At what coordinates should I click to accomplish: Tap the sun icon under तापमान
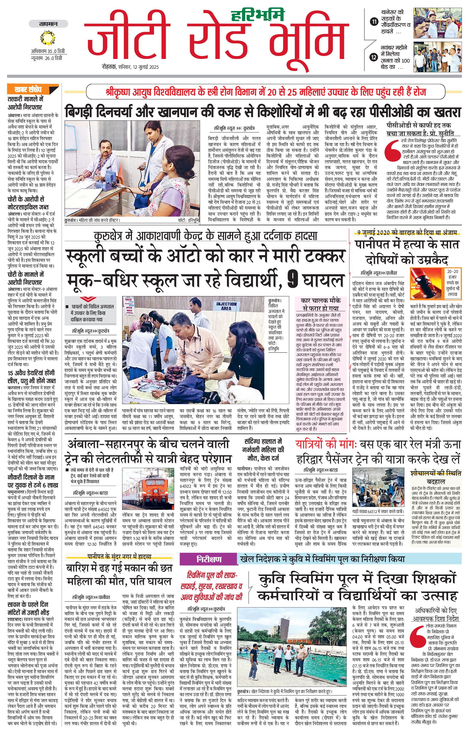48,38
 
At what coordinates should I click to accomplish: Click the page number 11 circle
374,22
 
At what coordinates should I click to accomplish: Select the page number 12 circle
374,57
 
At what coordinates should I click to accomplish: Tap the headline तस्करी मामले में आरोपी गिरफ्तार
25,103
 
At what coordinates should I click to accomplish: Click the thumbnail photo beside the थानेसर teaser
438,23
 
